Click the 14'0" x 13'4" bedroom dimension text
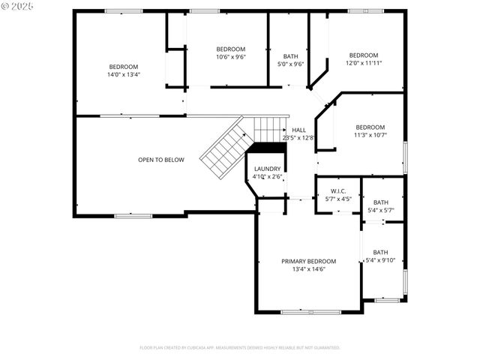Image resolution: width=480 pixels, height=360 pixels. point(124,74)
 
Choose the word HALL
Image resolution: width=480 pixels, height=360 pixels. point(298,130)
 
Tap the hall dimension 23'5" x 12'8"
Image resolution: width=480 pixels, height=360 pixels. point(298,138)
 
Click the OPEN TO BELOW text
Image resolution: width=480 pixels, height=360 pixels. point(160,160)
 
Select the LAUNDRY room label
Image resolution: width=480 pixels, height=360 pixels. point(267,169)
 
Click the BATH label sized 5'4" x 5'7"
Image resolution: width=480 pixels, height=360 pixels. point(381,202)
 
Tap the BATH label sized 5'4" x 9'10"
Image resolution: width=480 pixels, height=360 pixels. point(381,252)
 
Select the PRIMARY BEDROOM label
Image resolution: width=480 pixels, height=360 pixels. point(308,261)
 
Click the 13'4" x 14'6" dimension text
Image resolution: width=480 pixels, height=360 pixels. point(308,269)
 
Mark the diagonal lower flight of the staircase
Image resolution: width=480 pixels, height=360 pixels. point(223,147)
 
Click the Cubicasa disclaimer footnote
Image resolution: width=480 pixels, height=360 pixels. point(240,347)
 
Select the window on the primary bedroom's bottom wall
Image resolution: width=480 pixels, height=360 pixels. point(310,311)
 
